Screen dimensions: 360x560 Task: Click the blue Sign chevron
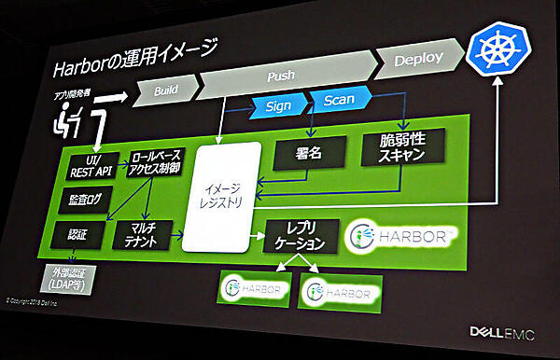(x=277, y=104)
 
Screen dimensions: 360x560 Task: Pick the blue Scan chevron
(x=338, y=100)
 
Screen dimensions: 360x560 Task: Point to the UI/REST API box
(x=91, y=164)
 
